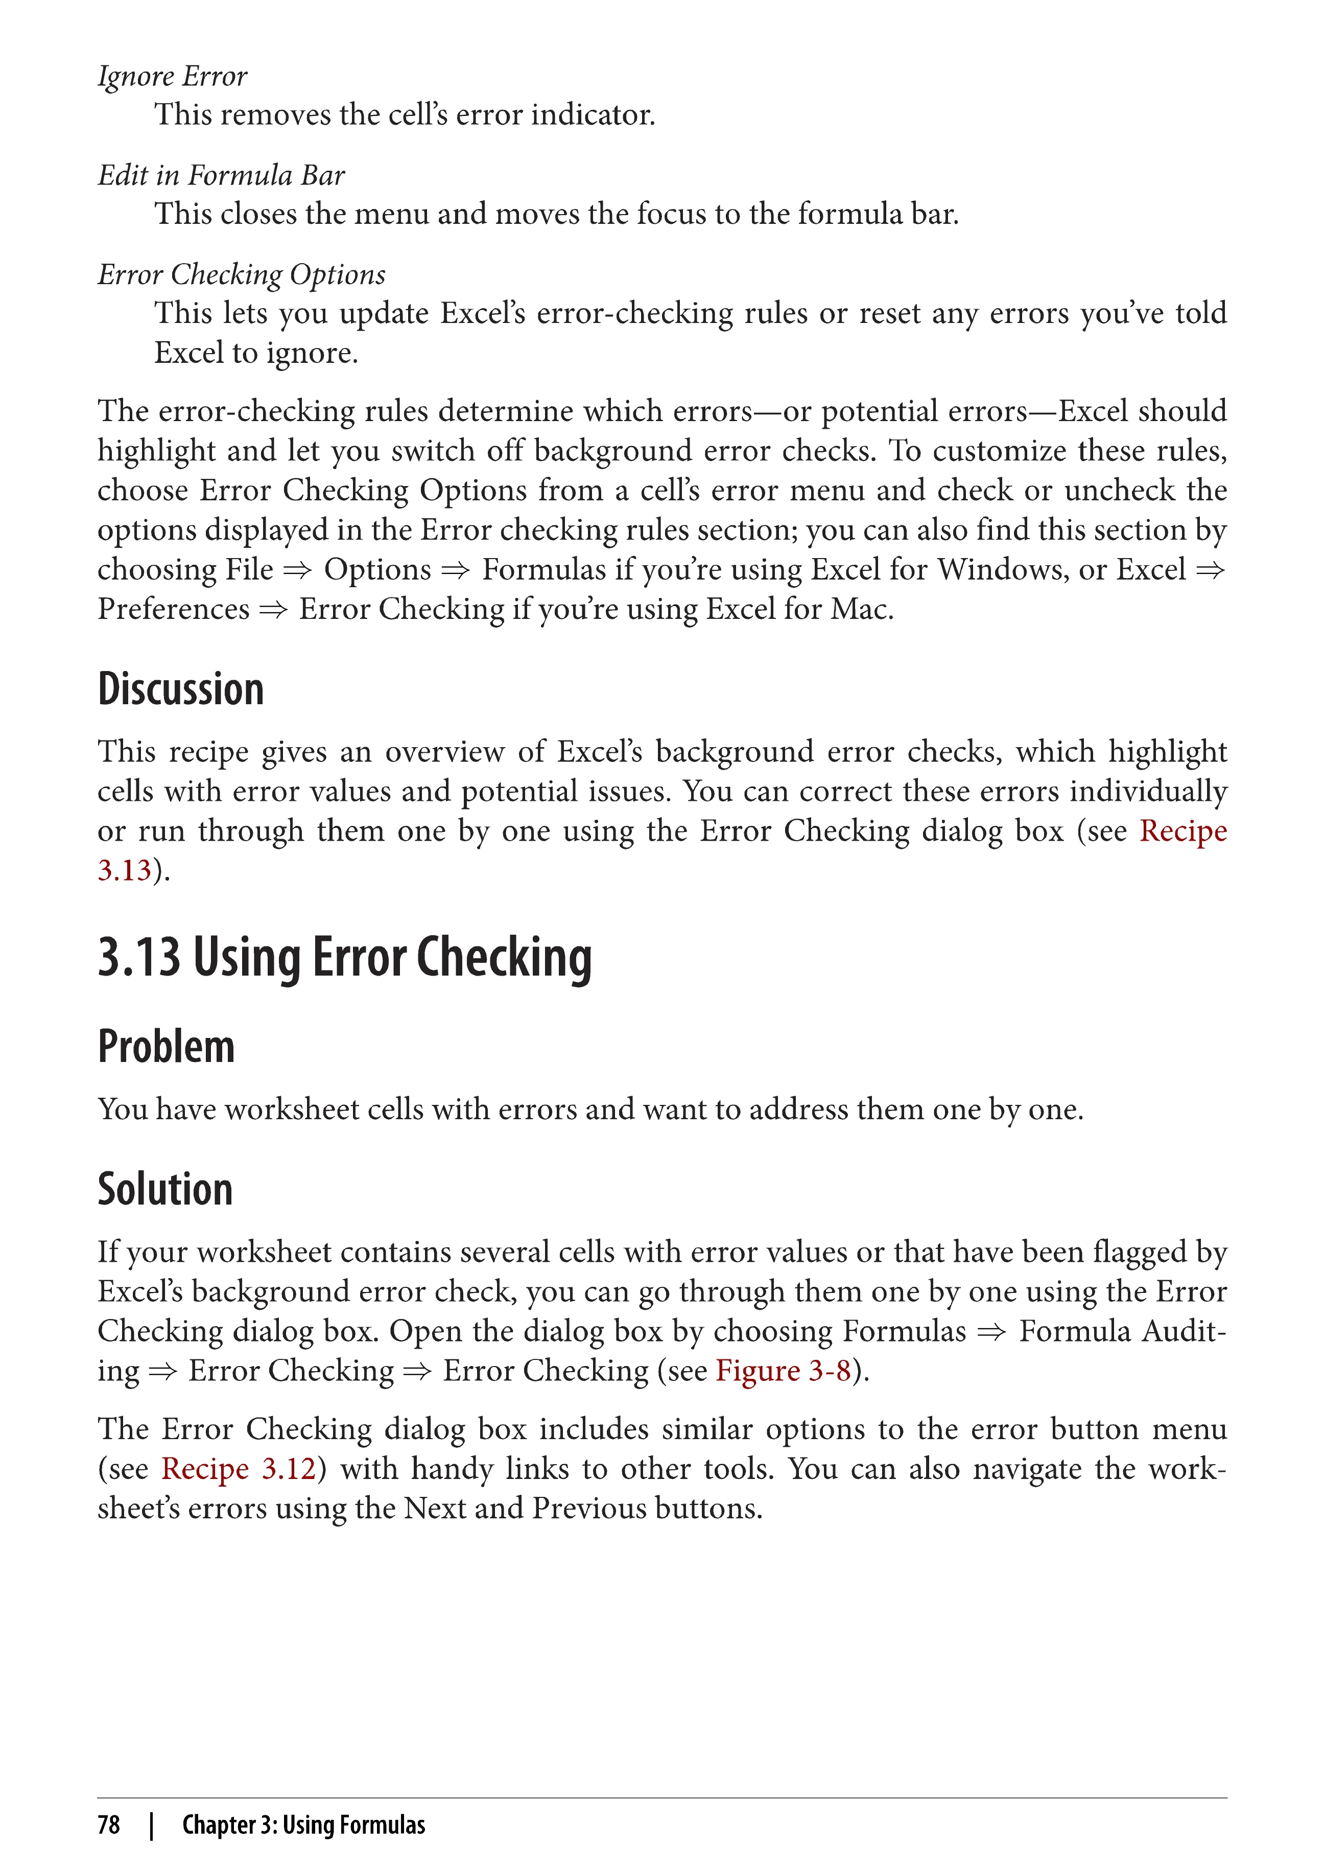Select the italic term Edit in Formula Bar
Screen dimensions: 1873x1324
221,175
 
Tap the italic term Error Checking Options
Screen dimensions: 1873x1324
241,275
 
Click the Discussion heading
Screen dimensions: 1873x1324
181,689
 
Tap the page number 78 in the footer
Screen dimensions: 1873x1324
108,1825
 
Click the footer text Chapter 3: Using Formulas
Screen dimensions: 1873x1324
303,1825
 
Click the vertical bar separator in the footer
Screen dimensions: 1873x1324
152,1825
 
